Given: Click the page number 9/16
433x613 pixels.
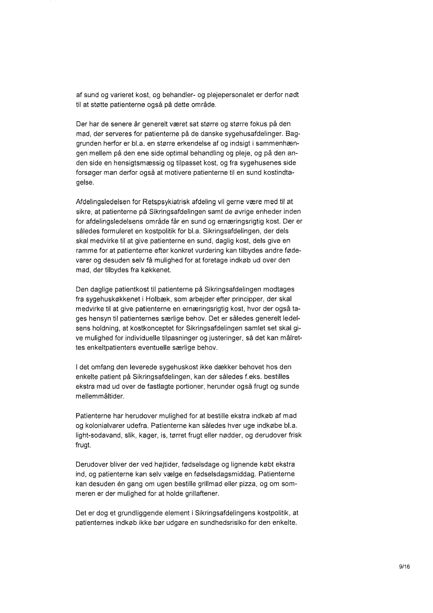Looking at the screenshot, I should (x=404, y=567).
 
